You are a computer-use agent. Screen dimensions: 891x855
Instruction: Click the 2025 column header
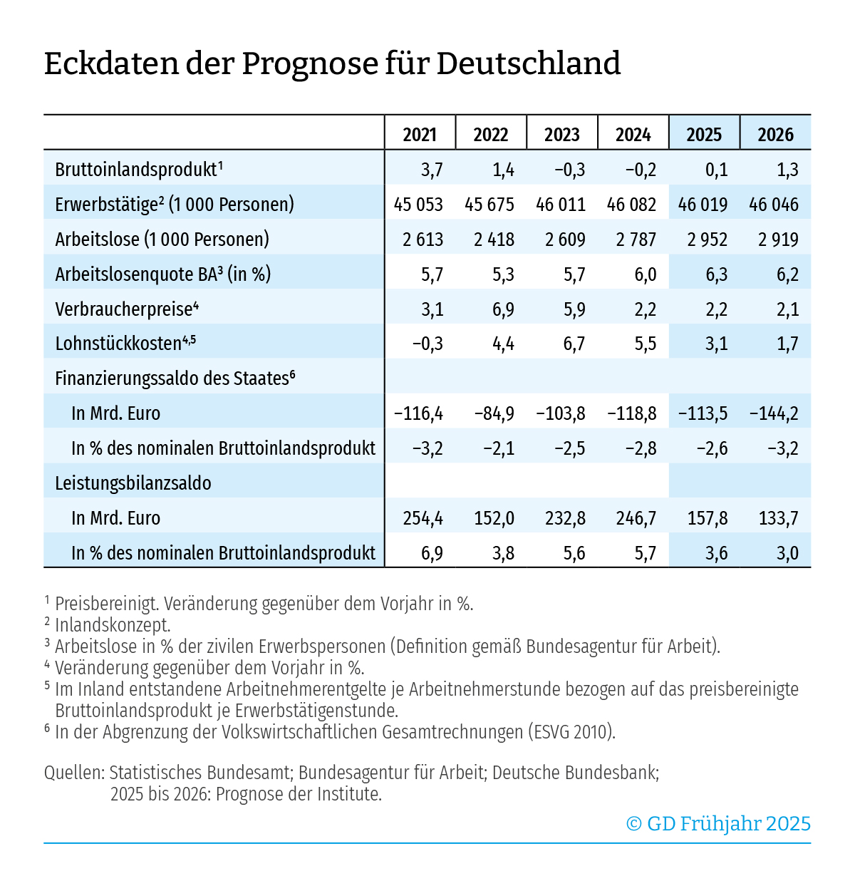coord(704,135)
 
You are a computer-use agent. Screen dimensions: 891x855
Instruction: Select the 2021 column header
coord(419,135)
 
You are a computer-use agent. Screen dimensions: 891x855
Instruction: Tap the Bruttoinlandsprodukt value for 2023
coord(569,170)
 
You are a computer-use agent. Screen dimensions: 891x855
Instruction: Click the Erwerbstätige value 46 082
coord(631,205)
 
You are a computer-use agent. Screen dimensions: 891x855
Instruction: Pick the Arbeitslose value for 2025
coord(707,240)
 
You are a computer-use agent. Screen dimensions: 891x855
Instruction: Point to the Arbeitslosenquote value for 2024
coord(645,274)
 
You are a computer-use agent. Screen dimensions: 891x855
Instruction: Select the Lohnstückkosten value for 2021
coord(427,344)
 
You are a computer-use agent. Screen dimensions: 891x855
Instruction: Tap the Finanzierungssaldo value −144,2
coord(774,413)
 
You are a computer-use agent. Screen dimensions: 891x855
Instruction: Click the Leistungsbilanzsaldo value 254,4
coord(423,518)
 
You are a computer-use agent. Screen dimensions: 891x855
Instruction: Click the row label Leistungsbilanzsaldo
coord(133,483)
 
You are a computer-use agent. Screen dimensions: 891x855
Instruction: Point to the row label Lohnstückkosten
coord(118,344)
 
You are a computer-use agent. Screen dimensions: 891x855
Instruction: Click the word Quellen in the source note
coord(73,773)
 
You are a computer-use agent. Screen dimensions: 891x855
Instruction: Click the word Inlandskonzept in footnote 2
coord(113,625)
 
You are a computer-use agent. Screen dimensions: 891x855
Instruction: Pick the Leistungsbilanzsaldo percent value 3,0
coord(787,553)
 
